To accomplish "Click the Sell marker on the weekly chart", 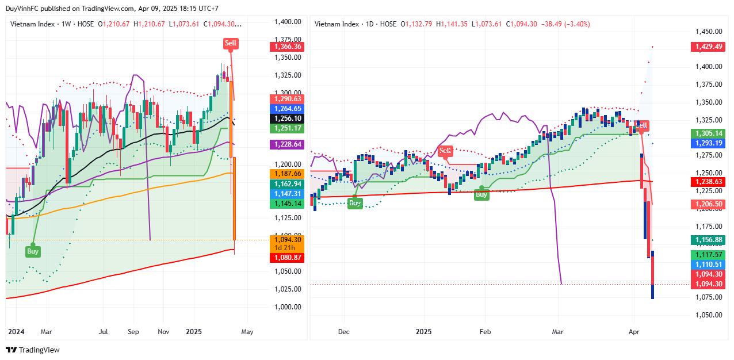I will point(231,43).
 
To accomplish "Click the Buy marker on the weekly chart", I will point(33,251).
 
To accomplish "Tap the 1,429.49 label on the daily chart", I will point(708,47).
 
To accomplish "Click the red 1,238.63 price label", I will point(708,182).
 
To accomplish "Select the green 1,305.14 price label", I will point(708,133).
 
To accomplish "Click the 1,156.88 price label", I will point(708,240).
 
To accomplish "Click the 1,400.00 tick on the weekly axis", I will point(288,22).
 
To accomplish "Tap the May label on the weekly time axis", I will point(247,332).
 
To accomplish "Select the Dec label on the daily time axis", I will point(344,332).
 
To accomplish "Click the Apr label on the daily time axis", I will point(634,332).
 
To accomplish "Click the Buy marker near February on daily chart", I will point(481,194).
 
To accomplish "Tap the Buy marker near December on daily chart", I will point(355,202).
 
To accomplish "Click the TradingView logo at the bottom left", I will point(33,350).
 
